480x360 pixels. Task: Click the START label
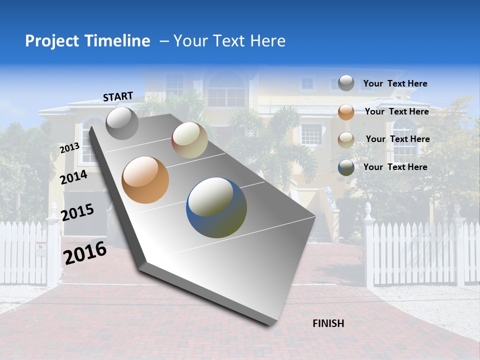point(118,96)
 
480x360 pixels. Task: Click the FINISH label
point(328,323)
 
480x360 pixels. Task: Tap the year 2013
point(69,148)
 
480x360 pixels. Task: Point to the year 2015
point(77,212)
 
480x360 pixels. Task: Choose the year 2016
point(85,252)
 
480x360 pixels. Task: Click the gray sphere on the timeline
point(122,123)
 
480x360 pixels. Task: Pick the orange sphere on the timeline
point(145,180)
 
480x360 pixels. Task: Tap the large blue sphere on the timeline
point(216,207)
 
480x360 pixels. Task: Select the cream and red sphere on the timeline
point(189,140)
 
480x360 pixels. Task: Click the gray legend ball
point(346,83)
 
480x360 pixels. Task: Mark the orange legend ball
point(346,112)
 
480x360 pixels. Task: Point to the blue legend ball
point(346,167)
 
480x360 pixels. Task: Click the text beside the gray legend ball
point(395,84)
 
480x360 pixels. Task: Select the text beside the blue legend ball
point(395,167)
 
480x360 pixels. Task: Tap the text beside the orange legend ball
point(396,111)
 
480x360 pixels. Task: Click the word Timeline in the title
point(118,41)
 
